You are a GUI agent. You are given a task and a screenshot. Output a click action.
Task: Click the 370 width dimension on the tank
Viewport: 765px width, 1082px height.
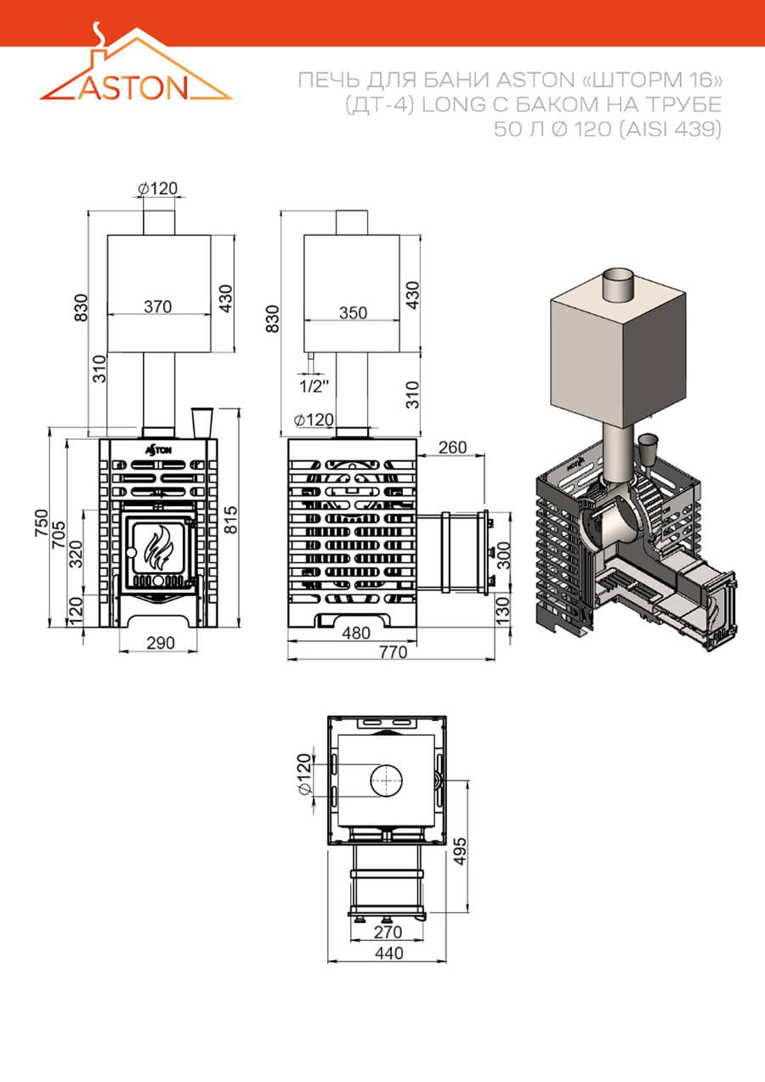(x=158, y=307)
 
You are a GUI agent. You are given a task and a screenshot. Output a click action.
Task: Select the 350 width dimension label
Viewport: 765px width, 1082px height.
(x=353, y=313)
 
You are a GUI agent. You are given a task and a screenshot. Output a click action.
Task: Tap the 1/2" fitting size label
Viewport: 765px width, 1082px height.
(x=314, y=386)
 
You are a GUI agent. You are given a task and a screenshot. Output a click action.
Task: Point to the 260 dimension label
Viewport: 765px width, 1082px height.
(x=452, y=448)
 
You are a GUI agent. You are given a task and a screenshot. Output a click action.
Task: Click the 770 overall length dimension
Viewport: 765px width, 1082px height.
(x=394, y=652)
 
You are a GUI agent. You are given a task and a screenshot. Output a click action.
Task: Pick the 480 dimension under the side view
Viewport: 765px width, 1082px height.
(x=356, y=634)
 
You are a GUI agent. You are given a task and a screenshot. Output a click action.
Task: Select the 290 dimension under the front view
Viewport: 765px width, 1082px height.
(x=161, y=643)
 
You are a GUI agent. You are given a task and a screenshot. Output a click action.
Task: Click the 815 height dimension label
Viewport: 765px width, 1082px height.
(x=231, y=520)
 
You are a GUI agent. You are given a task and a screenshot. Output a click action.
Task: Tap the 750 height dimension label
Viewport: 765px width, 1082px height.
(x=42, y=523)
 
